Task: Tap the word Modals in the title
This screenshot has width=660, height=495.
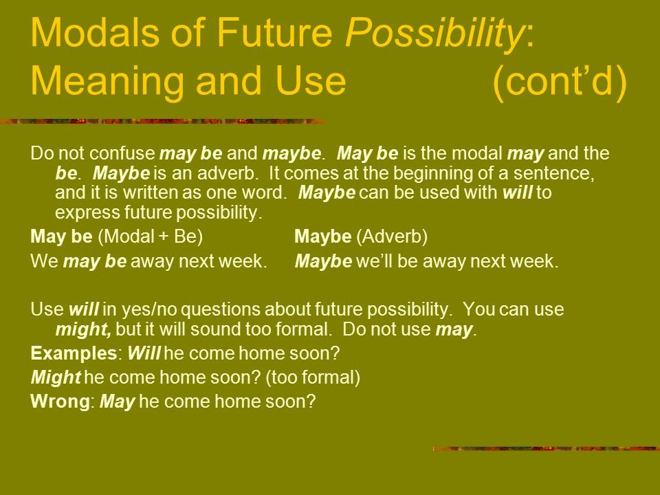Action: pos(95,32)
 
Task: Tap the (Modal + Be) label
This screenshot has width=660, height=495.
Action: pos(151,236)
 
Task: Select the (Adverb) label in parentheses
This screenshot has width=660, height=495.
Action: pos(392,236)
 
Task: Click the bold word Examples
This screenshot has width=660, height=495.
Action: pos(74,353)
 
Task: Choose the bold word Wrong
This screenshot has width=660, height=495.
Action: pos(60,401)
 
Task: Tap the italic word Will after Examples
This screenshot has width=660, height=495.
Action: pos(144,353)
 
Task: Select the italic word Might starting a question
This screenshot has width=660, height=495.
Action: pos(56,377)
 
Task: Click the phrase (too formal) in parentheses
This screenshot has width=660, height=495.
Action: pos(313,377)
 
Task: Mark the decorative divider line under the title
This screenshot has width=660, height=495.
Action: pos(162,122)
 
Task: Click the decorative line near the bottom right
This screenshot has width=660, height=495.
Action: pos(547,449)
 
